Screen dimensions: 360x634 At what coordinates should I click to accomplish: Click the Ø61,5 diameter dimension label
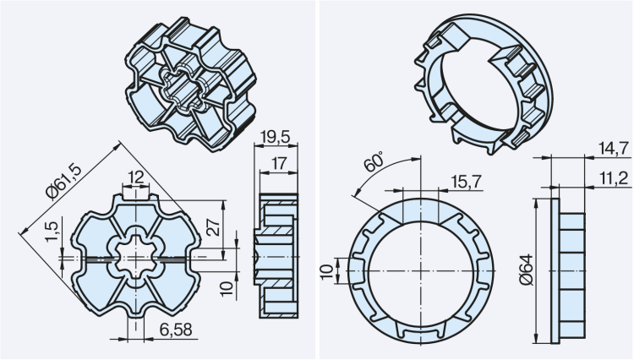coord(65,182)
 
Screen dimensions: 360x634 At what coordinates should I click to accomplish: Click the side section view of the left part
coord(278,254)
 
